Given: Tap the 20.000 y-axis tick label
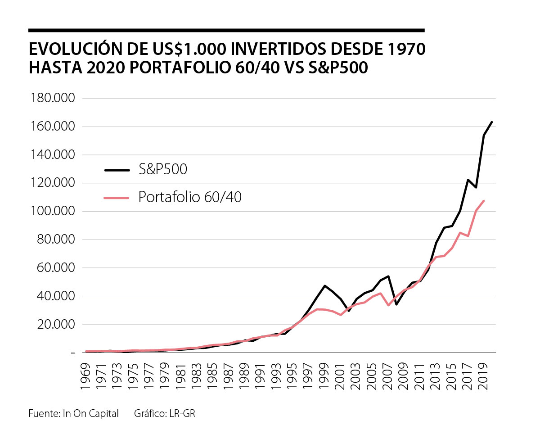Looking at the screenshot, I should coord(52,325).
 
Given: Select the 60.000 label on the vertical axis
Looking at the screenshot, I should coord(52,268).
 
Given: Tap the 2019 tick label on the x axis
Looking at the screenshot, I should coord(484,372).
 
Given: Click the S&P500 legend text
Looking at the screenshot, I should coord(163,169).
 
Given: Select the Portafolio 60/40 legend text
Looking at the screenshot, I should coord(190,197).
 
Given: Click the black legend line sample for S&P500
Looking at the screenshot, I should coord(117,170).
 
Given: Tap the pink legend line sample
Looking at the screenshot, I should coord(117,197).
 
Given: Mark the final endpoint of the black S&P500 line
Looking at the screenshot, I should coord(492,122).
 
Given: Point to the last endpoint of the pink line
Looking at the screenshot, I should coord(484,201).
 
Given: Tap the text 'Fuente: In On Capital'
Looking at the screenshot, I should coord(73,413).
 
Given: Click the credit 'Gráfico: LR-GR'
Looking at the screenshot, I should coord(164,413).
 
